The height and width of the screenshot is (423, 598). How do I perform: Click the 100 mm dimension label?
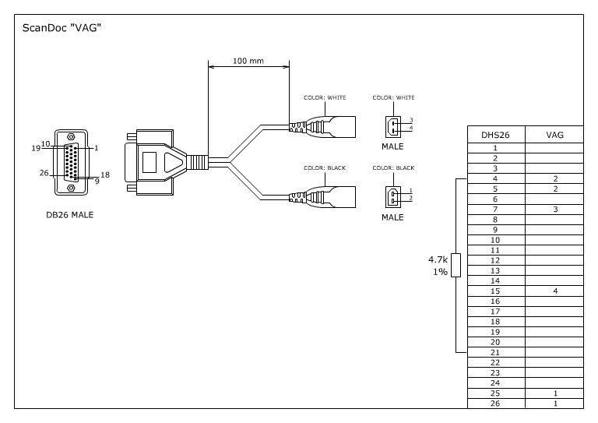[248, 62]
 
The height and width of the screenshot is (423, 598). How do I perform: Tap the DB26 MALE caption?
[69, 215]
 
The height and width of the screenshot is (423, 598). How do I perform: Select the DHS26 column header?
[495, 135]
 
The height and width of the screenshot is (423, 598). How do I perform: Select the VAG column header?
[555, 135]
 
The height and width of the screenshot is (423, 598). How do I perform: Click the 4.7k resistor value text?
[438, 259]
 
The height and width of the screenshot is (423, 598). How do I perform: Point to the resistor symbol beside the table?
[456, 265]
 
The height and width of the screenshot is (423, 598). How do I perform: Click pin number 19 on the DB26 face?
[36, 147]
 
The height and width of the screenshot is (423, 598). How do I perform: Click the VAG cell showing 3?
[555, 210]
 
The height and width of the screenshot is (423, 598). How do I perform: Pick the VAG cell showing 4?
[555, 291]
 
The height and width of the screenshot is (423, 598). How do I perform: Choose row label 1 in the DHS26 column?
[495, 147]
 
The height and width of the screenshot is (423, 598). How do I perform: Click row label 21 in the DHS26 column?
[495, 352]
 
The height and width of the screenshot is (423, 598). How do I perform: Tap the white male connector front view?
[393, 125]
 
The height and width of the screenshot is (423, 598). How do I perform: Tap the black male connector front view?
[393, 196]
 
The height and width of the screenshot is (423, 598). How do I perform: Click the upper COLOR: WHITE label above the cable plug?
[325, 97]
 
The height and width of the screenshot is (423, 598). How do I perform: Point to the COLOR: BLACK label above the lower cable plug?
[325, 167]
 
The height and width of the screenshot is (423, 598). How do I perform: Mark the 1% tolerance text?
[439, 271]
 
